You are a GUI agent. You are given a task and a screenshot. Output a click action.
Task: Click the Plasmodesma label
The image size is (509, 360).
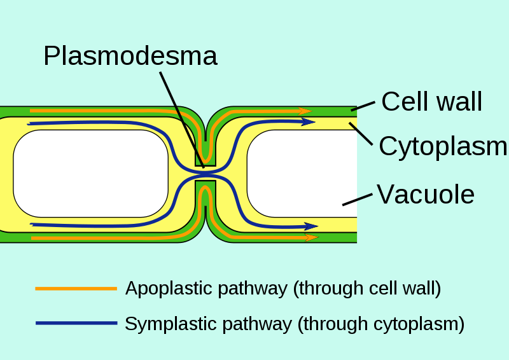[130, 56]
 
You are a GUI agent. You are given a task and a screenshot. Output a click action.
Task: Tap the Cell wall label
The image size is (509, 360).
[432, 101]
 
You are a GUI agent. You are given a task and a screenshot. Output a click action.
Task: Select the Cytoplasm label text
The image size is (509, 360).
[443, 146]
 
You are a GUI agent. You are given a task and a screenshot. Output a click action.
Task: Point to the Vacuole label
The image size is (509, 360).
[426, 194]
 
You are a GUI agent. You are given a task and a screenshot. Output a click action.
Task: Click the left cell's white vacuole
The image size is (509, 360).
[89, 173]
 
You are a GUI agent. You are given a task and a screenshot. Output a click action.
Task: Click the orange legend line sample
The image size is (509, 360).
[76, 289]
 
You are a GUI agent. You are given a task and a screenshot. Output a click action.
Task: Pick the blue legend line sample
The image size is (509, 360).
[76, 323]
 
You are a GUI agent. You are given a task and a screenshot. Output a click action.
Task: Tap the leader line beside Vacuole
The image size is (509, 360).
[357, 199]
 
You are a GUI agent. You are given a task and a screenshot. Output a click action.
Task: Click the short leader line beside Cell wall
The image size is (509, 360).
[362, 106]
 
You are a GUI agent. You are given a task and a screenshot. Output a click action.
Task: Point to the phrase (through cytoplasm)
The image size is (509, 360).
[380, 324]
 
